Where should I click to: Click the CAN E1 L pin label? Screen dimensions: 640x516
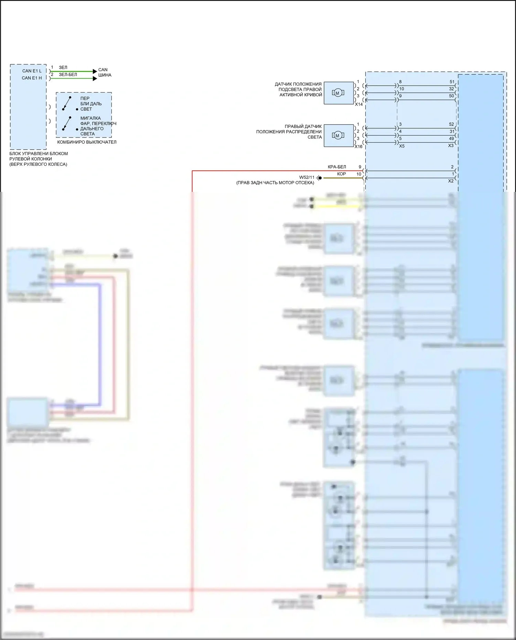(x=32, y=71)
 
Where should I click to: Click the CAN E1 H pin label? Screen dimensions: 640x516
(x=32, y=78)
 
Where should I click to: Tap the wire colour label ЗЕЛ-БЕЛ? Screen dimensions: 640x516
(x=68, y=75)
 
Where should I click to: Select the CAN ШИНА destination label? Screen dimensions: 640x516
(x=104, y=72)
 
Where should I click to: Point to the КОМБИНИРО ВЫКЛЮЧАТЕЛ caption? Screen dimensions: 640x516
(x=87, y=142)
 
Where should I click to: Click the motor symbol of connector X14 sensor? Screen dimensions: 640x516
(x=337, y=93)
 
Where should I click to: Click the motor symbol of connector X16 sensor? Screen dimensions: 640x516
(x=337, y=135)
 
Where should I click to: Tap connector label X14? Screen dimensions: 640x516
(x=359, y=104)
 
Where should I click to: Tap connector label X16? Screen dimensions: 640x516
(x=358, y=147)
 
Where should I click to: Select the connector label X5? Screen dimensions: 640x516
(x=401, y=146)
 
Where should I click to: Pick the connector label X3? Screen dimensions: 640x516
(x=451, y=146)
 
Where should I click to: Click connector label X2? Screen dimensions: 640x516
(x=451, y=181)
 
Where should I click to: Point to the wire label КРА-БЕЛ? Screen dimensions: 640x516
(x=337, y=167)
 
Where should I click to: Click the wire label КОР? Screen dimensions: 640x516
(x=341, y=174)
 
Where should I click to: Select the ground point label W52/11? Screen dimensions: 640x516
(x=307, y=177)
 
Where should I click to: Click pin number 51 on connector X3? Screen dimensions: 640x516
(x=452, y=82)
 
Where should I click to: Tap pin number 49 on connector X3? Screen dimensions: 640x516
(x=451, y=139)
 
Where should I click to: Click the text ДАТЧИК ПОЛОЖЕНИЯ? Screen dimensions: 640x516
(x=298, y=84)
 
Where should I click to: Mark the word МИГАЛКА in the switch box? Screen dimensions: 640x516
(x=90, y=118)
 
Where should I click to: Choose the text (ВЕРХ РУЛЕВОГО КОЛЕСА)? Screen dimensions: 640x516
(x=38, y=164)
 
